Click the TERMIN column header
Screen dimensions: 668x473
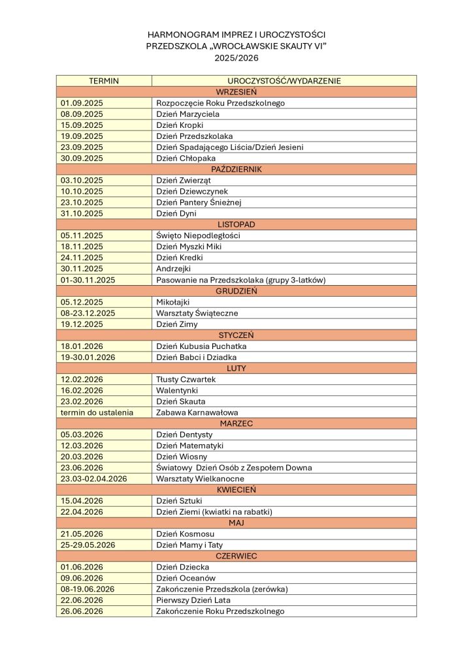coord(103,81)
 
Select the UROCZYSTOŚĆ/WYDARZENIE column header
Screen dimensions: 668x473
coord(284,81)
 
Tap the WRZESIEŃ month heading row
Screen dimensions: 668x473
coord(236,92)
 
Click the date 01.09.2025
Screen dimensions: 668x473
coord(82,103)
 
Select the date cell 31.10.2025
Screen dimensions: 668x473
coord(82,213)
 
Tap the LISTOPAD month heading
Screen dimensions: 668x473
coord(236,224)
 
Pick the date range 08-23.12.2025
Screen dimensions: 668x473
coord(88,313)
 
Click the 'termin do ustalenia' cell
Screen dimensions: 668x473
coord(97,412)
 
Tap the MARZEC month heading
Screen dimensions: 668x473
coord(236,423)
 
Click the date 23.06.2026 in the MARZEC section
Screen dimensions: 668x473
coord(82,468)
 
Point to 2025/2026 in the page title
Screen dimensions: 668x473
coord(236,57)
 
